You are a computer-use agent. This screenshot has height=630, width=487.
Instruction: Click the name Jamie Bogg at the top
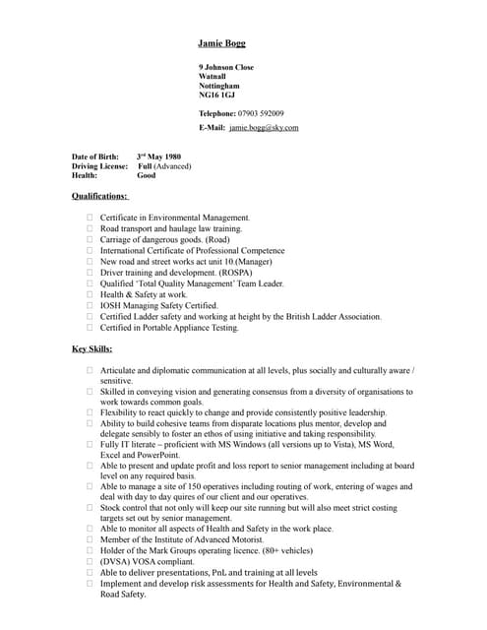pyautogui.click(x=221, y=43)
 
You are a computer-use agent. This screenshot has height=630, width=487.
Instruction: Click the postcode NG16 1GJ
pyautogui.click(x=216, y=95)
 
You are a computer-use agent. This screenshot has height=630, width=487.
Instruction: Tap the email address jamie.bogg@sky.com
pyautogui.click(x=264, y=128)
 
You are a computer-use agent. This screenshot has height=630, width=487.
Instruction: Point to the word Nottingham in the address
pyautogui.click(x=218, y=86)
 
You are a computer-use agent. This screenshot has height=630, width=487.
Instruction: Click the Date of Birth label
pyautogui.click(x=95, y=157)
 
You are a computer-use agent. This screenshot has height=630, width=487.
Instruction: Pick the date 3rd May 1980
pyautogui.click(x=159, y=157)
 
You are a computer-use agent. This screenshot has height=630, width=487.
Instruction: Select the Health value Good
pyautogui.click(x=147, y=176)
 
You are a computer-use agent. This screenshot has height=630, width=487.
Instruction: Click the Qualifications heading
pyautogui.click(x=100, y=196)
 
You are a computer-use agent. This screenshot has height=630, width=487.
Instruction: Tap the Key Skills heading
pyautogui.click(x=92, y=348)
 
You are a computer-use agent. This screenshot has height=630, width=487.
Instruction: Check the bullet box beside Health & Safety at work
pyautogui.click(x=90, y=294)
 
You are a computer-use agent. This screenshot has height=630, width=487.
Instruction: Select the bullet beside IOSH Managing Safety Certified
pyautogui.click(x=90, y=305)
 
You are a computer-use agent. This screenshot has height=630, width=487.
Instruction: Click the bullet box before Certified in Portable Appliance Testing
pyautogui.click(x=90, y=328)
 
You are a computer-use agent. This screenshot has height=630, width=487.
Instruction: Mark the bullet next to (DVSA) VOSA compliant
pyautogui.click(x=90, y=561)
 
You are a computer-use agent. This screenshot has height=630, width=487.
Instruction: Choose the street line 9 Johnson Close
pyautogui.click(x=226, y=67)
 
